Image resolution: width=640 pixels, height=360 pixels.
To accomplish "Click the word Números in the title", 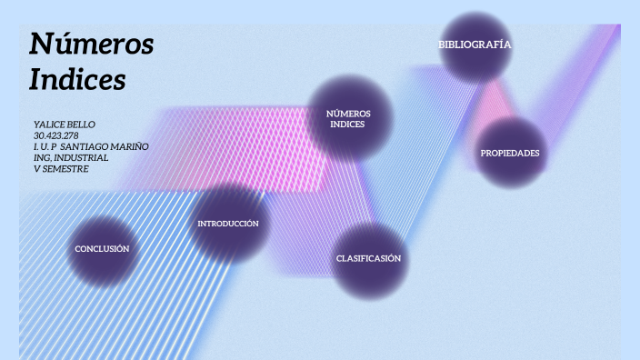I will click(x=91, y=44).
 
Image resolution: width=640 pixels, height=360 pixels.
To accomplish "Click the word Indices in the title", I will click(x=76, y=80).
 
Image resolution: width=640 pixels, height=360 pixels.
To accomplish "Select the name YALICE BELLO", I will click(x=64, y=124).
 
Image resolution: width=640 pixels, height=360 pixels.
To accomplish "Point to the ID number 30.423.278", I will click(x=55, y=135).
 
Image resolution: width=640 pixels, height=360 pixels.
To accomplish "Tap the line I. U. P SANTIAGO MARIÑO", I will click(x=91, y=146).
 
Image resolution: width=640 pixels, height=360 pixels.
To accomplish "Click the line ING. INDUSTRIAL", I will click(x=70, y=157).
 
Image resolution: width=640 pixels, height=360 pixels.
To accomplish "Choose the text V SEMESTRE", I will click(x=61, y=168).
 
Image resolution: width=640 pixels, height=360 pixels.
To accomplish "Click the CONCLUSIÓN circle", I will click(x=102, y=248).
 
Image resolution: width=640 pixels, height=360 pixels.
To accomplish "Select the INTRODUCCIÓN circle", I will click(x=228, y=224).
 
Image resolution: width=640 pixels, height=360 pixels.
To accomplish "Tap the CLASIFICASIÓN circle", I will click(x=368, y=259).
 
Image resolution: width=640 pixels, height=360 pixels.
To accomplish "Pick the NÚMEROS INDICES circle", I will click(x=348, y=119).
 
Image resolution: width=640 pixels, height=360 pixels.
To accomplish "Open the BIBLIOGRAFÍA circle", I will click(x=475, y=45).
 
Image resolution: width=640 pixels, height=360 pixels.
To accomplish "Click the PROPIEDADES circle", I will click(x=510, y=153).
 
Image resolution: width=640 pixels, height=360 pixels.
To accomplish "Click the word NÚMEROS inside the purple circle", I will click(x=348, y=114).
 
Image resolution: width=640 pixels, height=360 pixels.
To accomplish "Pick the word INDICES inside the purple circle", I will click(x=347, y=125).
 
